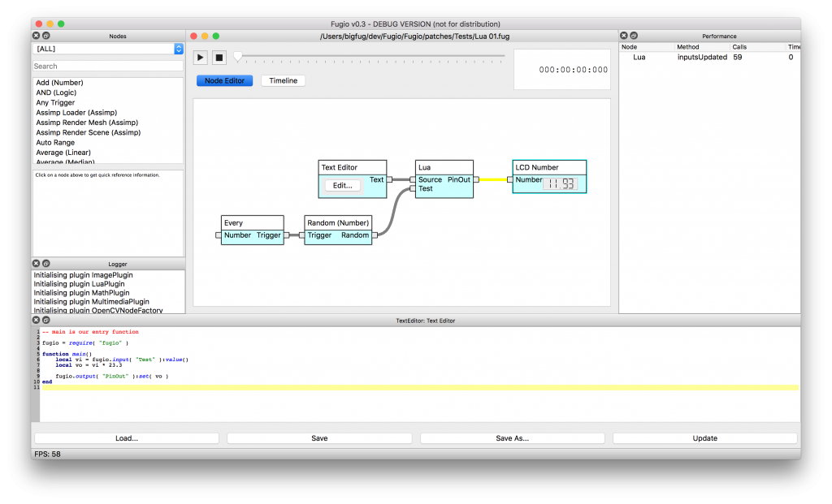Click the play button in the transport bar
201,57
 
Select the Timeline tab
283,80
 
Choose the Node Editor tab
225,80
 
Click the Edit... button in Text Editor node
343,185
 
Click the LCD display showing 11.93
560,184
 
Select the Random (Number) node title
338,222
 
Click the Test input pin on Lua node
413,188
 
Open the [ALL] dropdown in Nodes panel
108,49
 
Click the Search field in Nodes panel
108,66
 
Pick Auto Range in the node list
55,142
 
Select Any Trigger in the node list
55,102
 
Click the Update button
704,438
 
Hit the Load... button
126,438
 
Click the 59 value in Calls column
738,58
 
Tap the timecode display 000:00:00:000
573,70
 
